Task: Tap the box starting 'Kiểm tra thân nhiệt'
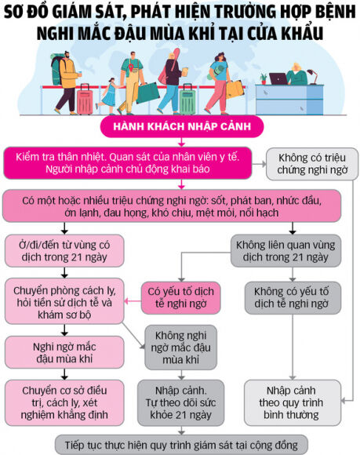point(131,164)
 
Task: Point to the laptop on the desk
point(279,78)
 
